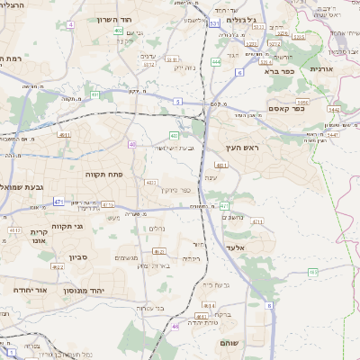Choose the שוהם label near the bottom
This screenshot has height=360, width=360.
click(229, 344)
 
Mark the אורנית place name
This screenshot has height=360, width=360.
click(321, 68)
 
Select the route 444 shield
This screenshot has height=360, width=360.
click(216, 61)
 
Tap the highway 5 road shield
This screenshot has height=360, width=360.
click(178, 103)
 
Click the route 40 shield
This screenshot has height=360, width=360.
click(133, 144)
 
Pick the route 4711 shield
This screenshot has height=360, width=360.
click(258, 220)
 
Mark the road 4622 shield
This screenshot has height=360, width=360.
click(58, 267)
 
